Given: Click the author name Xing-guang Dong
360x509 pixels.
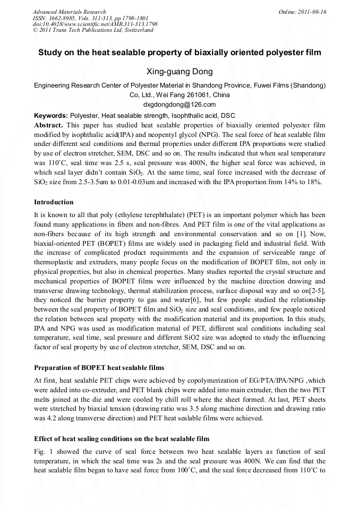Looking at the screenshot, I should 179,72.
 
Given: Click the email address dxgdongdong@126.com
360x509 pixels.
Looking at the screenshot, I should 179,105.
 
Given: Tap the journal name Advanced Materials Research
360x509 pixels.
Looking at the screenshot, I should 69,12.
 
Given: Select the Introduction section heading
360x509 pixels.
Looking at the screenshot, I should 54,202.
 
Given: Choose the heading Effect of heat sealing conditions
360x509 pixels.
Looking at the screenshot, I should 122,439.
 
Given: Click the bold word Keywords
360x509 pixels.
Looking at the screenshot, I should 50,116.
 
